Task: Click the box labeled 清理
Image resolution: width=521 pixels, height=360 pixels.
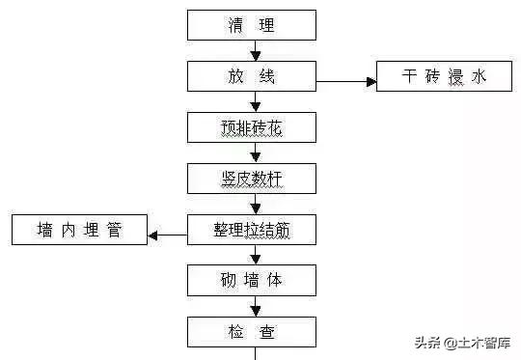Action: coord(252,25)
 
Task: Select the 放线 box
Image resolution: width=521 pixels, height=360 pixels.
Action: coord(252,76)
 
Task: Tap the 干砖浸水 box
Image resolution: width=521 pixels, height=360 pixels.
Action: coord(444,76)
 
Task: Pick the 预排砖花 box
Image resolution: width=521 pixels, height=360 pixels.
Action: coord(252,126)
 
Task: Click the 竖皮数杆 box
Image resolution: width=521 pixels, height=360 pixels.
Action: coord(252,178)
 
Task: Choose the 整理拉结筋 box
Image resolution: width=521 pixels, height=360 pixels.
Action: coord(252,230)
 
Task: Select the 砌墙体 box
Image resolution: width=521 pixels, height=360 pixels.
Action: coord(252,281)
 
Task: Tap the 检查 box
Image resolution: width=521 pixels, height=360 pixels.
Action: coord(252,332)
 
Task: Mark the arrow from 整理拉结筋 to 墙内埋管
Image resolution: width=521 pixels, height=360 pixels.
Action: coord(168,232)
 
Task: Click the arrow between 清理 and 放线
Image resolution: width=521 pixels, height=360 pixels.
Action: coord(255,51)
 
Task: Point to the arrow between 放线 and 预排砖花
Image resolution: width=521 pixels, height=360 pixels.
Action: coord(255,101)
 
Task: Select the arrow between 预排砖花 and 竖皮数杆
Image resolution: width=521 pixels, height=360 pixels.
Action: coord(255,152)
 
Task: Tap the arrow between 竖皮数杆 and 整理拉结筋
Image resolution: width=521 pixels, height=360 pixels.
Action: coord(255,204)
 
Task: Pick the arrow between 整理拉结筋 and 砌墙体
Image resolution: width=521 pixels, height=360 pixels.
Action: coord(255,255)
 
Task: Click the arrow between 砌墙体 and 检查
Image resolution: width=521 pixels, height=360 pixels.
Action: coord(255,307)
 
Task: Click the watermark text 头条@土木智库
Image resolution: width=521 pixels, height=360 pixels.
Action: coord(462,342)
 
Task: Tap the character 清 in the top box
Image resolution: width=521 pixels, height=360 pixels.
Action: coord(233,25)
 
